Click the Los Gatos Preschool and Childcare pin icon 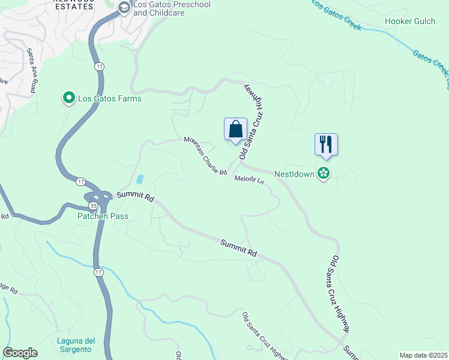(x=124, y=8)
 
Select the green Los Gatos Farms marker (x=69, y=97)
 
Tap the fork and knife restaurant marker (x=326, y=145)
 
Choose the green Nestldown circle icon (x=324, y=174)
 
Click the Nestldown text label (x=295, y=174)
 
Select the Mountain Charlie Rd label (x=205, y=156)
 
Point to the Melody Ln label (x=249, y=179)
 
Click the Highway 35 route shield (x=94, y=205)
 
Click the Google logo (x=20, y=353)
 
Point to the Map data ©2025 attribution (x=423, y=355)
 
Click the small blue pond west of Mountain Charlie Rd (x=140, y=179)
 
